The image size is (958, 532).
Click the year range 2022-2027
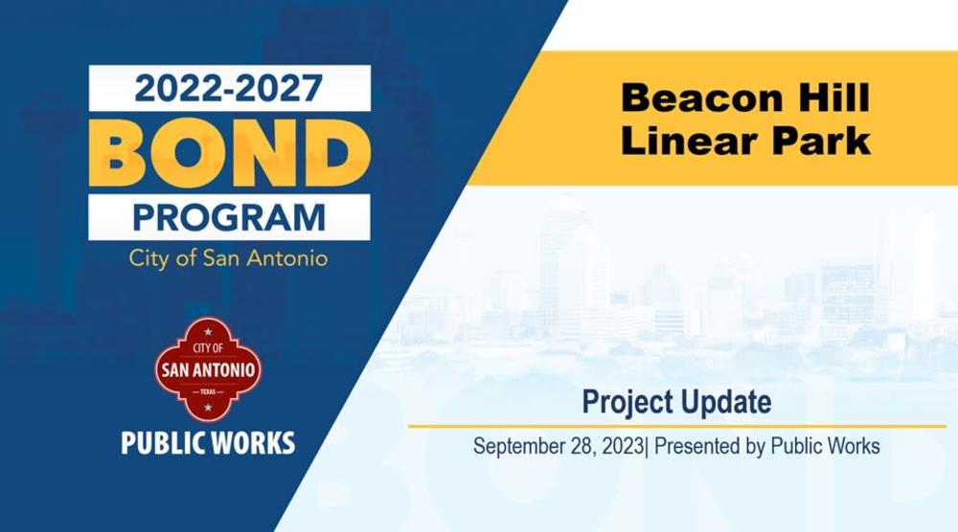pos(229,88)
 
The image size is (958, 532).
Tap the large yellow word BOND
pos(229,152)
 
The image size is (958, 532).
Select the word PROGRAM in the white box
pos(229,218)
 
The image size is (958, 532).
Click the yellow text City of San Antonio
pos(229,258)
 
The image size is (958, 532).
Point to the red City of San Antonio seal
pos(208,369)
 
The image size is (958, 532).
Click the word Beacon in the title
pos(702,99)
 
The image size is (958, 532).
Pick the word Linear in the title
pos(687,141)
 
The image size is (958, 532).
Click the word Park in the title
pos(821,141)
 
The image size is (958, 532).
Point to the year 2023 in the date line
pos(622,446)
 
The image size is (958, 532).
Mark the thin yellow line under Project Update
pos(677,427)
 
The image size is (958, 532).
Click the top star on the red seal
pos(208,332)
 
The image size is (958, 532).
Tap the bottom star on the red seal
pos(208,407)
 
